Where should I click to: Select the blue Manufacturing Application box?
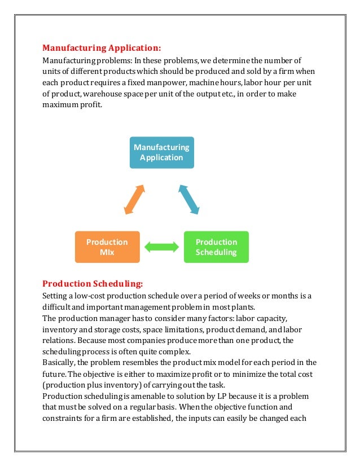click(161, 152)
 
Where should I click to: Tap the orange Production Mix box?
click(107, 247)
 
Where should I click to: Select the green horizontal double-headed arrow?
click(161, 247)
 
